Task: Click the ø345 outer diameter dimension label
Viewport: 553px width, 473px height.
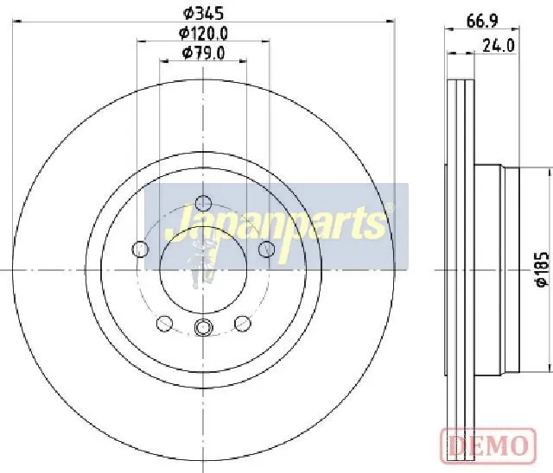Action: click(203, 14)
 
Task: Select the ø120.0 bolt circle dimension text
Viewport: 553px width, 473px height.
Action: click(203, 34)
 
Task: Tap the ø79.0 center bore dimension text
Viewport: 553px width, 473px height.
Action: click(203, 54)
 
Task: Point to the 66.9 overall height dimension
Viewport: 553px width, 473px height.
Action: click(482, 22)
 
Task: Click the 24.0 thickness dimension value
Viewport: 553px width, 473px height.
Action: click(499, 46)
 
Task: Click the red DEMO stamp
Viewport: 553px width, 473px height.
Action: click(488, 445)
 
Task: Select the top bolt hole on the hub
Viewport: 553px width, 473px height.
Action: click(203, 203)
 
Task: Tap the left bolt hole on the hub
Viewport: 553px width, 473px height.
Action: click(140, 249)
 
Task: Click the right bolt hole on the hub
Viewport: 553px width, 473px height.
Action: click(266, 249)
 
